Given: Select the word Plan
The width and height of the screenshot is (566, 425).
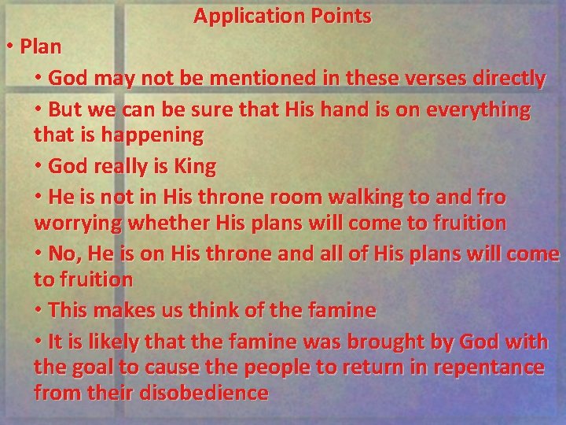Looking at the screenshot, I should click(41, 46).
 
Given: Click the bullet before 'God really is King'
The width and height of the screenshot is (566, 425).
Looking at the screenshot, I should click(39, 167).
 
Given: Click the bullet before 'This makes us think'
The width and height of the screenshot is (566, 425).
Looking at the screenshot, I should click(39, 311).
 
